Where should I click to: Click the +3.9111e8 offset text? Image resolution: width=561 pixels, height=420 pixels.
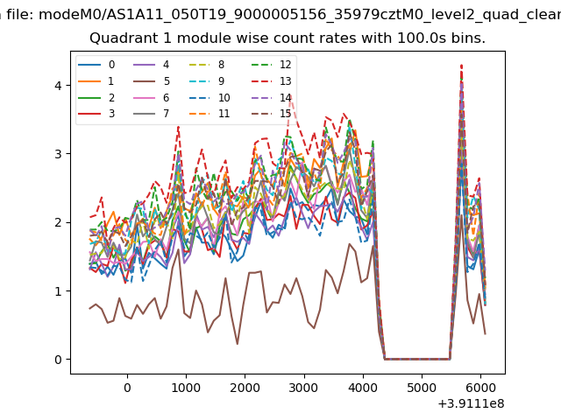[470, 403]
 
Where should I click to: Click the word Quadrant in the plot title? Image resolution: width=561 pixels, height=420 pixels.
[119, 38]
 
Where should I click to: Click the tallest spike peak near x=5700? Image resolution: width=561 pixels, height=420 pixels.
[461, 65]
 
